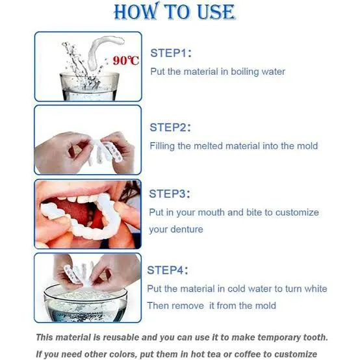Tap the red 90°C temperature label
click(125, 60)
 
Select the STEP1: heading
click(171, 53)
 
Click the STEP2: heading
click(171, 127)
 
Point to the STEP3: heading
click(171, 194)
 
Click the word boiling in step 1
click(238, 71)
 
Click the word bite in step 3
click(259, 212)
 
